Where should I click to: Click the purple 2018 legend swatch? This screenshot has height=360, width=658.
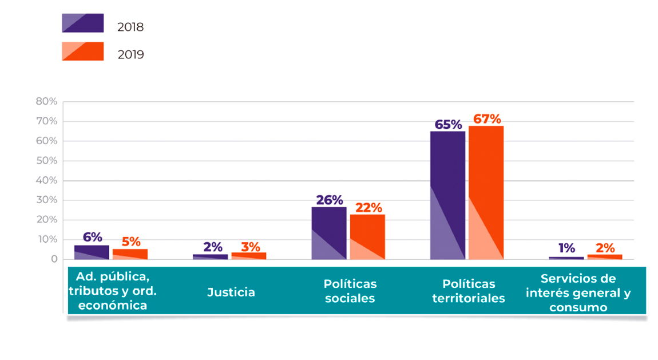click(82, 23)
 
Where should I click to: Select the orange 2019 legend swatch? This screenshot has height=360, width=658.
click(82, 51)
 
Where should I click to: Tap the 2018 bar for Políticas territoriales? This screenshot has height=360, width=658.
click(447, 195)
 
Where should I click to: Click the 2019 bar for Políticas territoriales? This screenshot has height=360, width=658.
click(486, 192)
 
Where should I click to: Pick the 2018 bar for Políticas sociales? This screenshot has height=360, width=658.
click(329, 233)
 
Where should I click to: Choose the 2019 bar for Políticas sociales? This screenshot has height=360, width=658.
click(367, 236)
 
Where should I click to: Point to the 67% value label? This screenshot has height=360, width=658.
click(487, 119)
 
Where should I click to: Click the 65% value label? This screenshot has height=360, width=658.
click(448, 124)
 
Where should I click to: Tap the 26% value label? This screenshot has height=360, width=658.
click(330, 200)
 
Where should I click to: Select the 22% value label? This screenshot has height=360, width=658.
click(368, 207)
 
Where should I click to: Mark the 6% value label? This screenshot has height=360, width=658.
click(92, 237)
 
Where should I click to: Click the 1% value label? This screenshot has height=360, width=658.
click(566, 248)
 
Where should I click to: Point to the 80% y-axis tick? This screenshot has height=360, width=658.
click(46, 101)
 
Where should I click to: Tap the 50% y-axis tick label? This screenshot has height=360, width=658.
click(46, 161)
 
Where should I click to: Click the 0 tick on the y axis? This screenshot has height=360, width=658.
click(54, 259)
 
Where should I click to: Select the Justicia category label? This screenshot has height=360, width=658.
click(231, 292)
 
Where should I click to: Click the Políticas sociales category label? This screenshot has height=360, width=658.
click(350, 291)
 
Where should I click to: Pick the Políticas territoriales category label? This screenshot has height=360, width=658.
click(469, 291)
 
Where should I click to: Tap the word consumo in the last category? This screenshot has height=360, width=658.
click(578, 307)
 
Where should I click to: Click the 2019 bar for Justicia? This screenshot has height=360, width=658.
click(248, 256)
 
